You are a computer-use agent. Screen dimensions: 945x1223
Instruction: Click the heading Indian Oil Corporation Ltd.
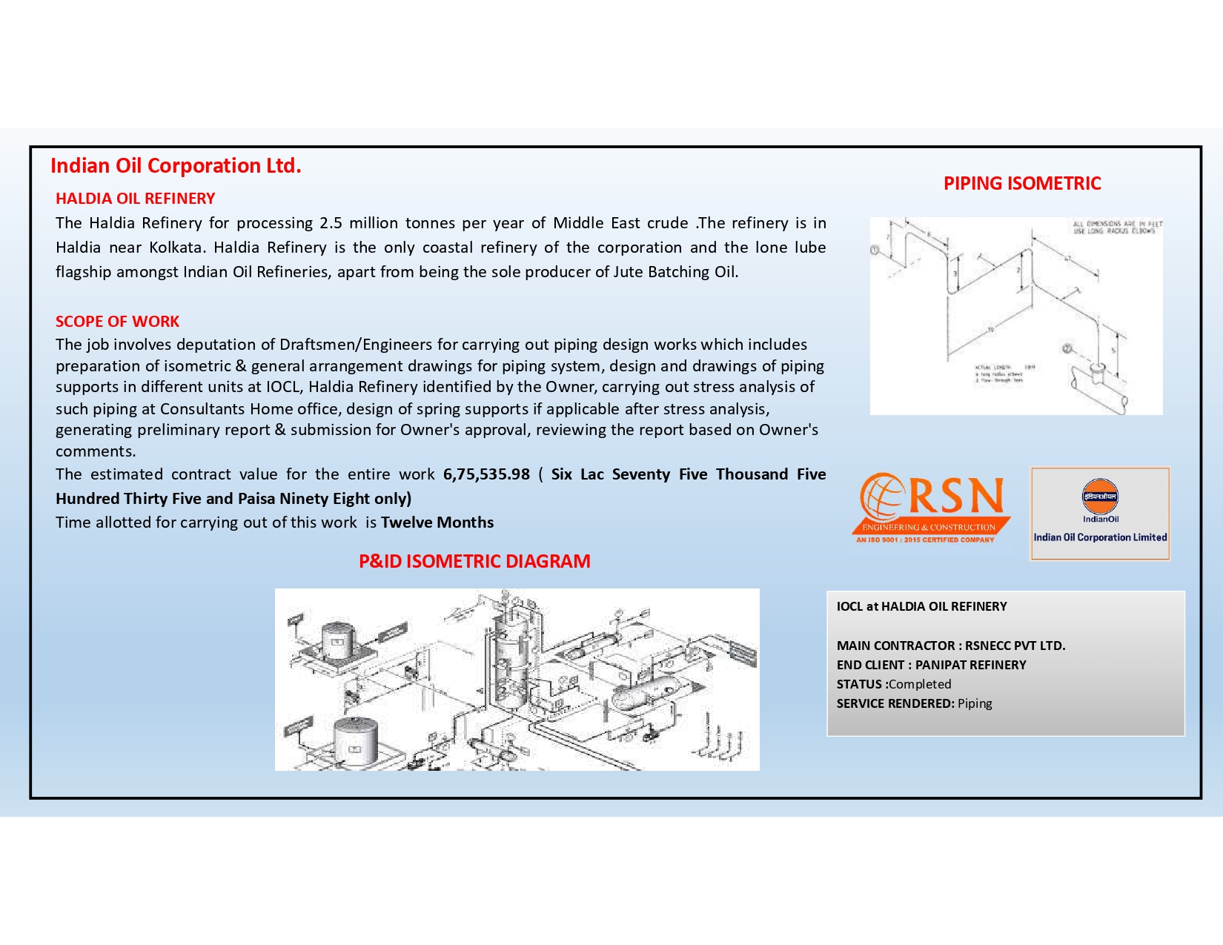[176, 165]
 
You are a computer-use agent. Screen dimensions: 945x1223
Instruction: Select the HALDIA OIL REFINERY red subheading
[135, 199]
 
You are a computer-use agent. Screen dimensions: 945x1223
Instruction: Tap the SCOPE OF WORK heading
[117, 322]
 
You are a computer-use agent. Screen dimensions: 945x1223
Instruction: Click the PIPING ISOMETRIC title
[1021, 184]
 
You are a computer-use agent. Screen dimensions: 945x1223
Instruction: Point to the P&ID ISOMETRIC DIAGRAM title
[474, 561]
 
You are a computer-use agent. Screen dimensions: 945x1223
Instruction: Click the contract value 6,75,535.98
[486, 474]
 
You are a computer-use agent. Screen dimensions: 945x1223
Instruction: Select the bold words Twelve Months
[437, 523]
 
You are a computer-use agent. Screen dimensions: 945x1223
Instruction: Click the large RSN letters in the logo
[956, 497]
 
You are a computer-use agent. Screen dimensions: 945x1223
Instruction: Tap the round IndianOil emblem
[1100, 497]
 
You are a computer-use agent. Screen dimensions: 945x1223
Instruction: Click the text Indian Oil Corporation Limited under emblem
[1100, 537]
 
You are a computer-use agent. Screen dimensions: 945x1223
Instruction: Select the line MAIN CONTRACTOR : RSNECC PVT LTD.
[951, 646]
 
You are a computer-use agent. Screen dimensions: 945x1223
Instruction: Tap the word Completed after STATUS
[920, 684]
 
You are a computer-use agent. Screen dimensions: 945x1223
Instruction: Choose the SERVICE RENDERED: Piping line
[914, 703]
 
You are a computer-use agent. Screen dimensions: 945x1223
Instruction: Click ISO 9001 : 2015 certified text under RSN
[925, 540]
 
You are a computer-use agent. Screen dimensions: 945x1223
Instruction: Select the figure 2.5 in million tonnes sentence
[331, 223]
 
